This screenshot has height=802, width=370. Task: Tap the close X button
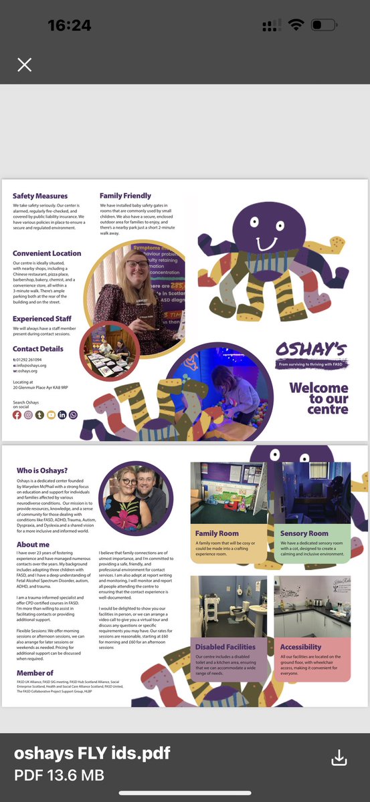[x=25, y=65]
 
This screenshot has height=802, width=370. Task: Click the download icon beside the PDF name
[x=339, y=757]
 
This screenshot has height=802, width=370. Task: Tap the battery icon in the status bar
[x=325, y=25]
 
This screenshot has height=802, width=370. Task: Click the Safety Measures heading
[x=40, y=196]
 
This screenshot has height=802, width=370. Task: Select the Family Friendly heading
[x=125, y=196]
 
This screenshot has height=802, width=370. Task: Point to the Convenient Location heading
[x=47, y=253]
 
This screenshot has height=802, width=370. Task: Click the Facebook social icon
[x=17, y=415]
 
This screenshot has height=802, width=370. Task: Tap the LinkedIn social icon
[x=62, y=415]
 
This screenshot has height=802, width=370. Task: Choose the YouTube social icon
[x=51, y=415]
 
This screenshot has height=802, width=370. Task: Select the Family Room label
[x=217, y=533]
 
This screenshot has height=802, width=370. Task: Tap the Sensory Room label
[x=304, y=533]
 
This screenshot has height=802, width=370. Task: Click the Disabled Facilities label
[x=225, y=647]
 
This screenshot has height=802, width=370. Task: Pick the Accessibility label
[x=300, y=647]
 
